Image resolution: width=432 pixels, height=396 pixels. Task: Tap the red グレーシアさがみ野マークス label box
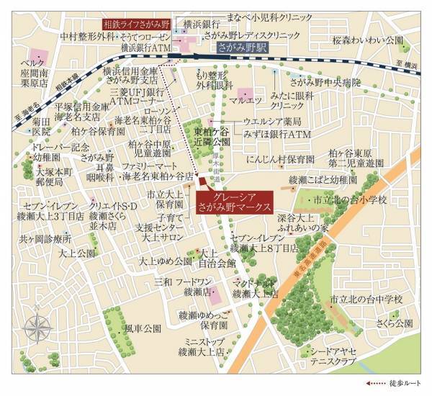(x=234, y=201)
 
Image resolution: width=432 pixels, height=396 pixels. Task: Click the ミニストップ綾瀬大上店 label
(x=202, y=346)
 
